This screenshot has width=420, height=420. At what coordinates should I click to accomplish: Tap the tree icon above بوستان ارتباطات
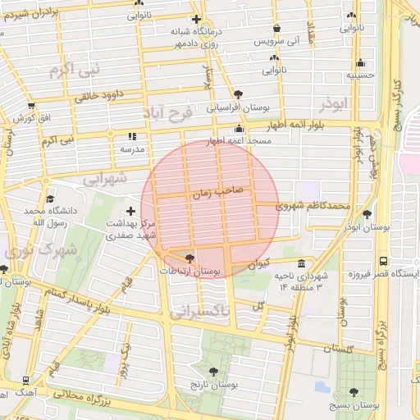pos(190,258)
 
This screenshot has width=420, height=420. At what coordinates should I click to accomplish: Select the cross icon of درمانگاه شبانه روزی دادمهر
pos(195,19)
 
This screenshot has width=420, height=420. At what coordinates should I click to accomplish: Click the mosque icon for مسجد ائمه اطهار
pos(239,129)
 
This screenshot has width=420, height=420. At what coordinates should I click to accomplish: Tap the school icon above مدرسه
pos(132,137)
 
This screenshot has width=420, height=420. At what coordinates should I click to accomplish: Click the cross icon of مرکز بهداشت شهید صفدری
pos(130,212)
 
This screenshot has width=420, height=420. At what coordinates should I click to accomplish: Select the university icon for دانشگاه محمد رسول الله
pos(50,199)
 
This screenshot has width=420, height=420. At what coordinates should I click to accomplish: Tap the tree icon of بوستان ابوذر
pos(367,213)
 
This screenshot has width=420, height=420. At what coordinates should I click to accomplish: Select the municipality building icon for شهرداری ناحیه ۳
pos(302,264)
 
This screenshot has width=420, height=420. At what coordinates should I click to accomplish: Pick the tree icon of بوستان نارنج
pos(213,372)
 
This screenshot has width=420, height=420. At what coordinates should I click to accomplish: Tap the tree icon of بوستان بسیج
pos(354,392)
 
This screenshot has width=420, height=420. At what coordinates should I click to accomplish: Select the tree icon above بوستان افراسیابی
pos(238,94)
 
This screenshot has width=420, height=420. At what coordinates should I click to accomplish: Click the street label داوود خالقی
pos(99,94)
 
